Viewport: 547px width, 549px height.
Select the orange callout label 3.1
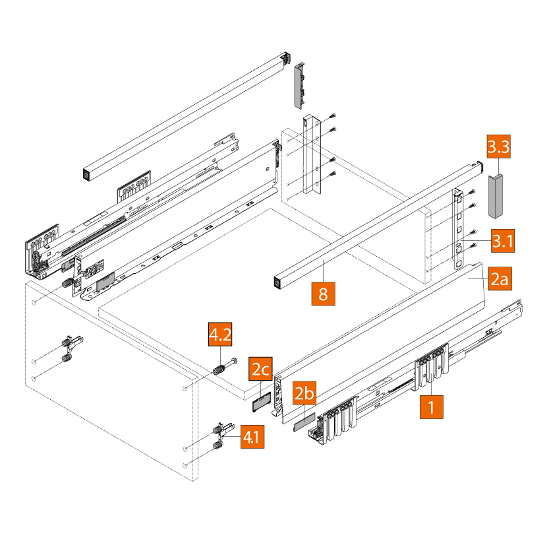(x=502, y=242)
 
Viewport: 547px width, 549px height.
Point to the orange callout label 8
(x=323, y=293)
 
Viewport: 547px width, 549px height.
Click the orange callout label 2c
(x=260, y=370)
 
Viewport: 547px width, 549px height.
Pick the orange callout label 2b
(x=305, y=394)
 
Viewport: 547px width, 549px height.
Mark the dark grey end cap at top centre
(x=299, y=84)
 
